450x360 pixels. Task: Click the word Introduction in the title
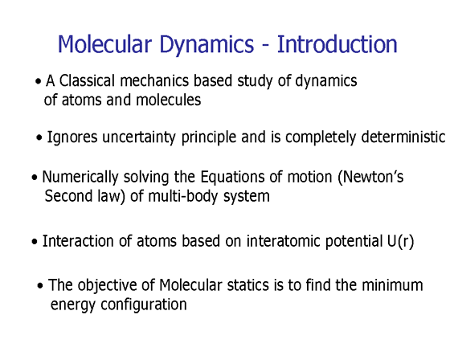[337, 44]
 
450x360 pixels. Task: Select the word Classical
[88, 80]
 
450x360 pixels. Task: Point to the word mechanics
[154, 80]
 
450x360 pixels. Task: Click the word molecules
[169, 100]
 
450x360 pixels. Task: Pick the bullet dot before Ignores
[39, 138]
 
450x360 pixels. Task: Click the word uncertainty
[139, 137]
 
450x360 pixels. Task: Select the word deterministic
[403, 137]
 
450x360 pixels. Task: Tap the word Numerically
[80, 177]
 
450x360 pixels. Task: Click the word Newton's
[370, 177]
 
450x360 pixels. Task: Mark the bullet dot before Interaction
[35, 242]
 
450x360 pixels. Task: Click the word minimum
[392, 285]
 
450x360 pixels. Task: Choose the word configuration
[144, 305]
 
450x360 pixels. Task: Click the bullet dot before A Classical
[39, 82]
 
